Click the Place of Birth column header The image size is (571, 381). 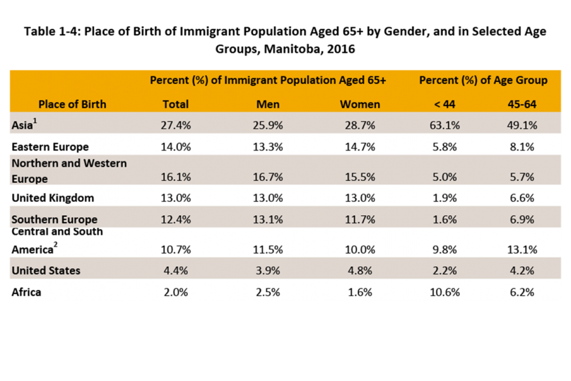coord(72,104)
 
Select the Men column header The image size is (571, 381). coord(268,104)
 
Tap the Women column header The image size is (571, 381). coord(360,104)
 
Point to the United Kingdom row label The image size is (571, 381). coord(53,198)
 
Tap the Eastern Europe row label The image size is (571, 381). coord(50,147)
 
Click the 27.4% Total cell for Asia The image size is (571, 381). coord(176,125)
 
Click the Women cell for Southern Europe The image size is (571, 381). coord(360,220)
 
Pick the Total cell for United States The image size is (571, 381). coord(176,271)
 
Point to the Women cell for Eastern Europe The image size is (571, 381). coord(360,147)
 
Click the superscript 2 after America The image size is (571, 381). coord(56,244)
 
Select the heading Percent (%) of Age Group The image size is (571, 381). coord(483,81)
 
